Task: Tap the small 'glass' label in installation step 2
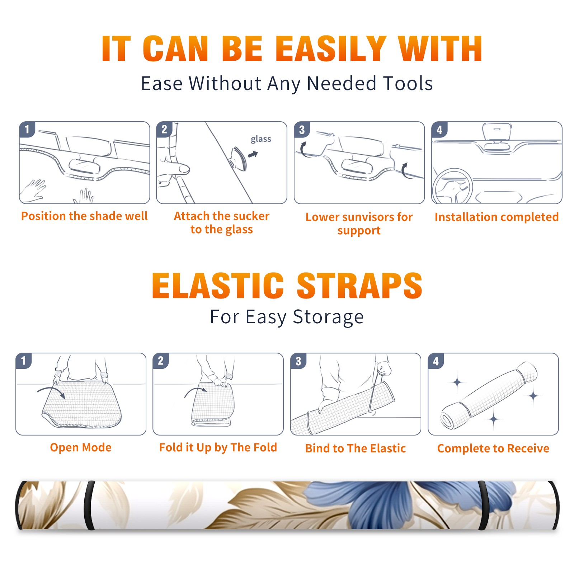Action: pyautogui.click(x=261, y=139)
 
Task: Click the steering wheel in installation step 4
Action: pyautogui.click(x=452, y=186)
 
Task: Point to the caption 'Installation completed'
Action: pyautogui.click(x=497, y=217)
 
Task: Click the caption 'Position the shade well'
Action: pyautogui.click(x=84, y=216)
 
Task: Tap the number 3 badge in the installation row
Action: pyautogui.click(x=302, y=130)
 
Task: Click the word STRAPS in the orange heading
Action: pyautogui.click(x=359, y=286)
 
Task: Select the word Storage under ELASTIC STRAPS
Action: pyautogui.click(x=328, y=317)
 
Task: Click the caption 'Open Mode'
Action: pyautogui.click(x=81, y=447)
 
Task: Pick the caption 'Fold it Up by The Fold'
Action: pyautogui.click(x=218, y=448)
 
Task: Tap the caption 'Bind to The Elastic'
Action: pyautogui.click(x=356, y=448)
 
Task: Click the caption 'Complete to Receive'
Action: pyautogui.click(x=493, y=448)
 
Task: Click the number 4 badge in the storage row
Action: pyautogui.click(x=436, y=361)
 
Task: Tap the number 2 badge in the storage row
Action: pyautogui.click(x=161, y=361)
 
